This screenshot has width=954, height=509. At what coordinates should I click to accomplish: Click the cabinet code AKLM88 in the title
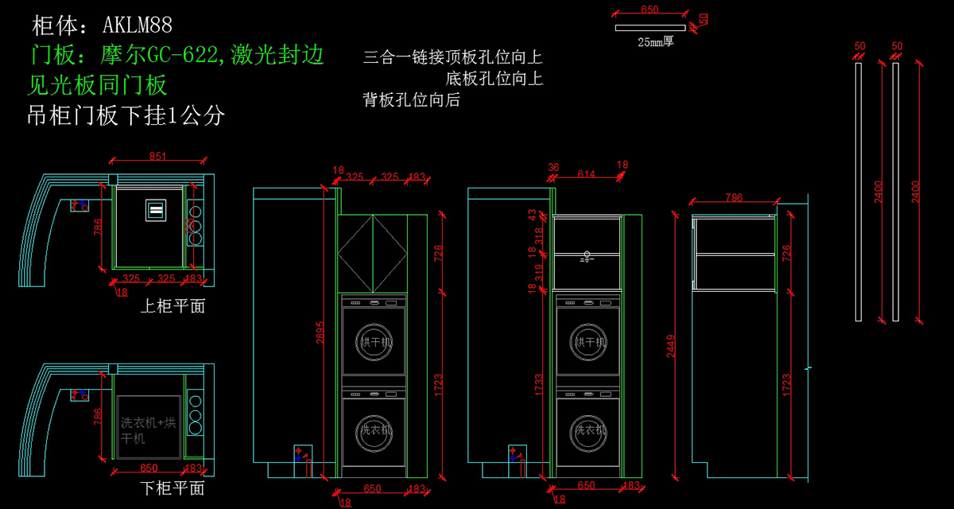pos(138,25)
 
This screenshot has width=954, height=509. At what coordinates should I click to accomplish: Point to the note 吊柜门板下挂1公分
pos(126,116)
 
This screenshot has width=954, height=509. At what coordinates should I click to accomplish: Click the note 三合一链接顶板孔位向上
pos(452,57)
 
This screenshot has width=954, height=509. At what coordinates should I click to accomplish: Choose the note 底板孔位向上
pos(494,79)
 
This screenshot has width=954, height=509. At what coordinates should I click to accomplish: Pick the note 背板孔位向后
pos(411,100)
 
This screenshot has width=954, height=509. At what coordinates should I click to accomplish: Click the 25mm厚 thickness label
pos(655,42)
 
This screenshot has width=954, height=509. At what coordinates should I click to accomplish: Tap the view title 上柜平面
pos(173,305)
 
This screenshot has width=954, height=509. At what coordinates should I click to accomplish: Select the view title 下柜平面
pos(173,488)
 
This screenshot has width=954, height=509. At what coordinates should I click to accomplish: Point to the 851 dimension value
pos(157,157)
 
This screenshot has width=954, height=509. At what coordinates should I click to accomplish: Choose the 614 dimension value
pos(586,175)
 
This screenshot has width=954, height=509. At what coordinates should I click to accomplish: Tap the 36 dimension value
pos(553,167)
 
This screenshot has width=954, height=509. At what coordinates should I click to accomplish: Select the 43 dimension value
pos(533,216)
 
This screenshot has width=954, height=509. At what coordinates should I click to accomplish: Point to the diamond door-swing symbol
pos(371,254)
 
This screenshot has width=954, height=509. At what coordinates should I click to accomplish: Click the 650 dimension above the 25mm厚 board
pos(649,10)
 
